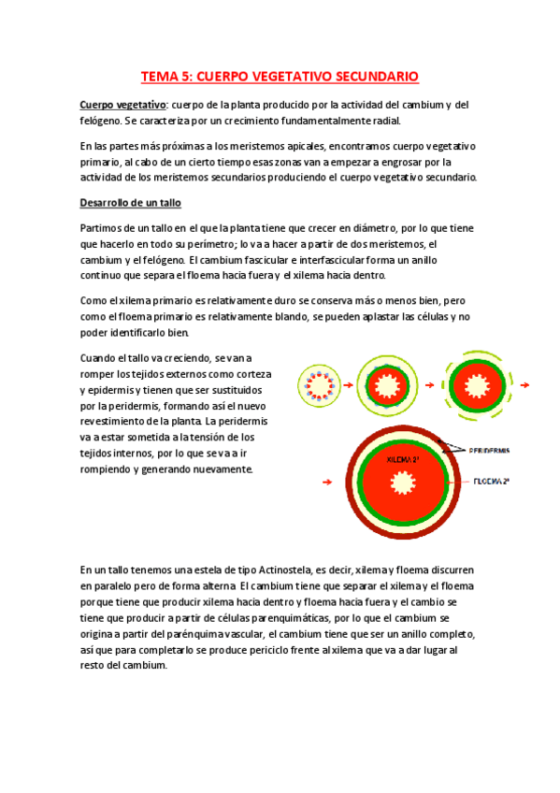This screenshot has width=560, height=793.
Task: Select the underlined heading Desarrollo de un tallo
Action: (x=130, y=203)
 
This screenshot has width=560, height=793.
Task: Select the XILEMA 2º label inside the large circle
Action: (x=404, y=460)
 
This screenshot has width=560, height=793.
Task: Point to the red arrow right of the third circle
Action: (x=525, y=384)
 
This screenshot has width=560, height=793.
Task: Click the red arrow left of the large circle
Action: (x=325, y=482)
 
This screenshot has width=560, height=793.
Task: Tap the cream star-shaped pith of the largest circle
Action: (x=404, y=483)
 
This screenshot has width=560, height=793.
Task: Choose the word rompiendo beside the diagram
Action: (x=109, y=469)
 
